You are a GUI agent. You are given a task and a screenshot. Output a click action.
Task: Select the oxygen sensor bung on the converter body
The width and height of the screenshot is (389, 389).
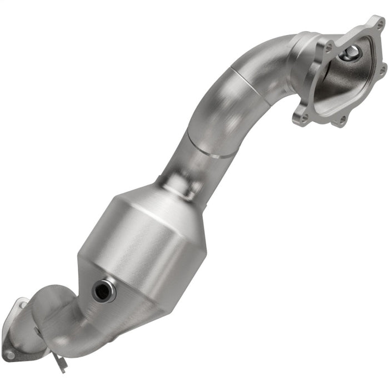click(103, 291)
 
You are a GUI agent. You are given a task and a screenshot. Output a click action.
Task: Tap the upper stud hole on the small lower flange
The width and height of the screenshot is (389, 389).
click(22, 304)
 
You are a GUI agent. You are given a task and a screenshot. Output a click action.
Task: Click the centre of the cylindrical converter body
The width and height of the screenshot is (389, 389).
click(142, 245)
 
